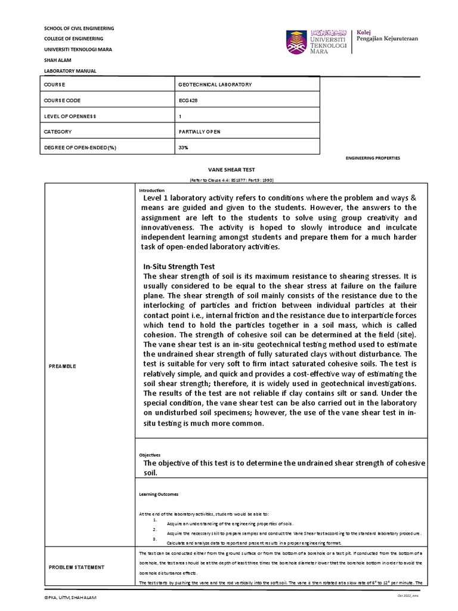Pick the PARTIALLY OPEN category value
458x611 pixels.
click(200, 131)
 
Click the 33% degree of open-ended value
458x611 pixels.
click(183, 147)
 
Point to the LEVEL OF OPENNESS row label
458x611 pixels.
click(70, 116)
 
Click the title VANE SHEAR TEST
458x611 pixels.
click(231, 170)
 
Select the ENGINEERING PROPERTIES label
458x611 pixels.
click(373, 158)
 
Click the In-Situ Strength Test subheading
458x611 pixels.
click(179, 266)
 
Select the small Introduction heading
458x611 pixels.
click(151, 190)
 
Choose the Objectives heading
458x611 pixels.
click(150, 454)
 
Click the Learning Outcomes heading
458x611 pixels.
click(158, 494)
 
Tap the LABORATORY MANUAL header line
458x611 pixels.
click(70, 71)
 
